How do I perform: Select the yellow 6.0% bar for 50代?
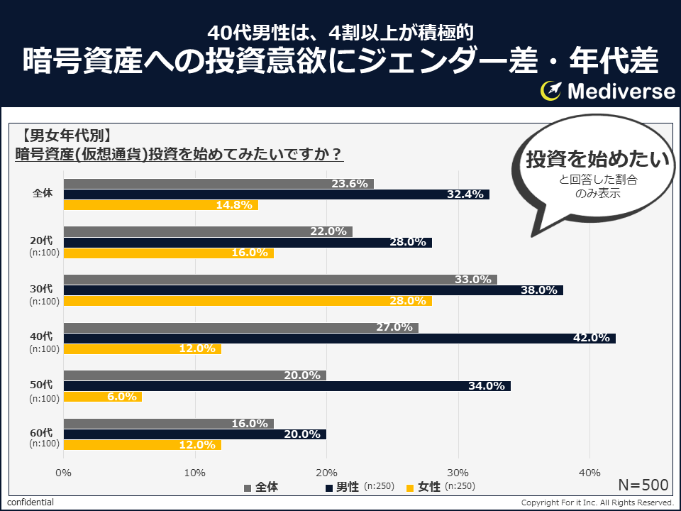click(103, 397)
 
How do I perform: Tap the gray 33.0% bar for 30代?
click(280, 279)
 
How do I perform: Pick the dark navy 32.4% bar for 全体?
click(277, 194)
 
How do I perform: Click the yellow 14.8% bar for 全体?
click(160, 205)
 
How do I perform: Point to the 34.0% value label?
click(487, 386)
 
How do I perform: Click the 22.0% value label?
click(328, 231)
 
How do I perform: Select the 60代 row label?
click(41, 432)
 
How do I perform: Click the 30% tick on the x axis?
click(458, 472)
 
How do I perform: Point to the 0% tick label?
click(64, 472)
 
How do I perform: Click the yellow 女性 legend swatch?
click(410, 488)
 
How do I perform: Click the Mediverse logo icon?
click(551, 91)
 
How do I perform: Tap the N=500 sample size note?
click(643, 485)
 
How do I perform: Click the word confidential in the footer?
click(31, 502)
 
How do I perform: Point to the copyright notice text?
click(597, 502)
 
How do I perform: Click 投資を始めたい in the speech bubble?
click(597, 160)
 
